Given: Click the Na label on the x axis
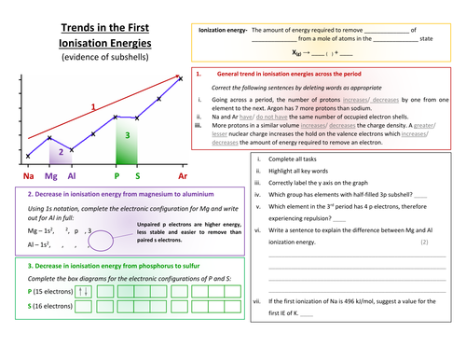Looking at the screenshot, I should pyautogui.click(x=29, y=174).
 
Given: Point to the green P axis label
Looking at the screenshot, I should pyautogui.click(x=116, y=174).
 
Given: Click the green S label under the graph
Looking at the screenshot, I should pyautogui.click(x=138, y=174).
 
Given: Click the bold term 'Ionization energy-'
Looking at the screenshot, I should pyautogui.click(x=223, y=31).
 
